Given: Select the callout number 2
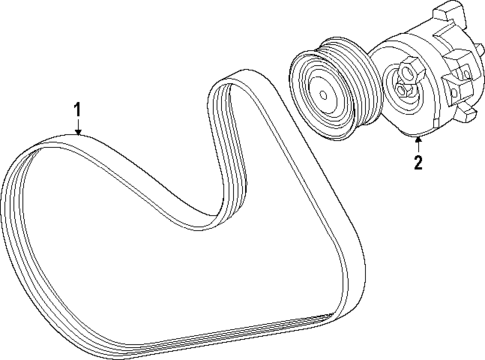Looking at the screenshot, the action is coord(419,159).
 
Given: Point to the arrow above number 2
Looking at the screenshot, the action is coord(419,143).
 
